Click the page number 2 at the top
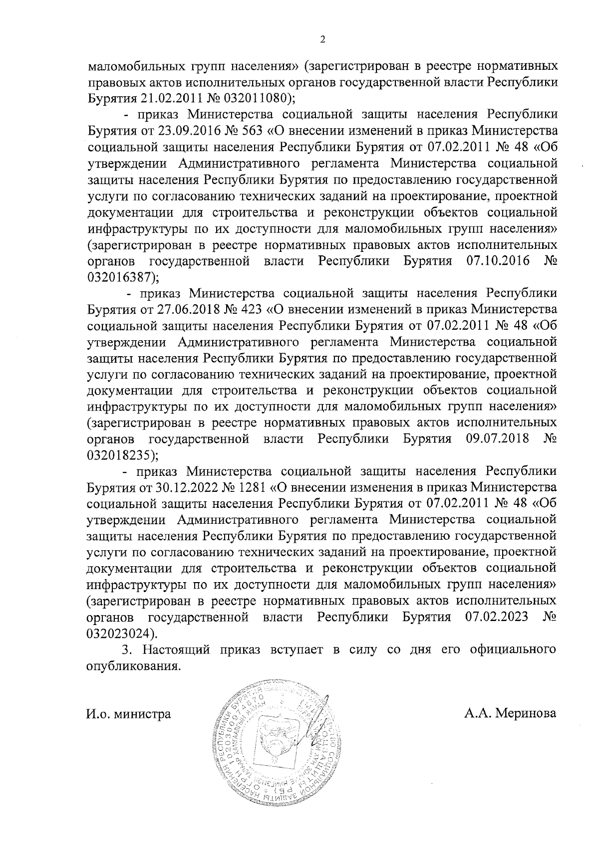click(322, 40)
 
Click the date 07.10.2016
click(498, 261)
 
